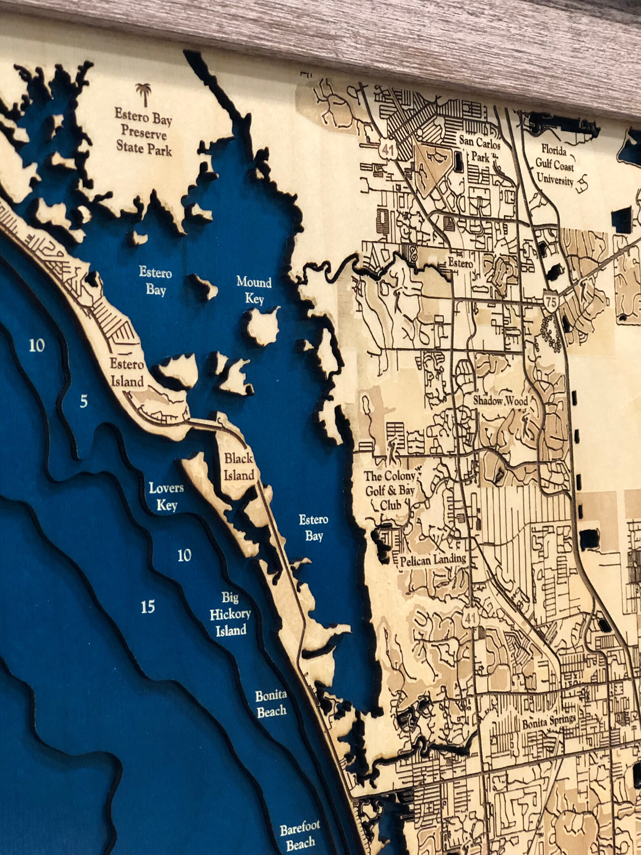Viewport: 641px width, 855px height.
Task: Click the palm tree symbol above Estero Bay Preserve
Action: tap(143, 94)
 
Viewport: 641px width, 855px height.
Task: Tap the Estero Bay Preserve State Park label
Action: tap(144, 132)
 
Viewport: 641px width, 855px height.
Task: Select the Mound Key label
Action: tap(254, 290)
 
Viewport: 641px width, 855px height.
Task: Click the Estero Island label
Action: tap(127, 373)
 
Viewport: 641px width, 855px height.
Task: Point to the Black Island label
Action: tap(239, 467)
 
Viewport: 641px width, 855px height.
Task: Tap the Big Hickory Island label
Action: tap(230, 614)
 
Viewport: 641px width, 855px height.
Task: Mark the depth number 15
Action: tap(149, 607)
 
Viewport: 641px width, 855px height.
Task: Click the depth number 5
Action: tap(84, 402)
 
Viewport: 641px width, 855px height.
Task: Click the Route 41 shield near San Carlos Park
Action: tap(389, 151)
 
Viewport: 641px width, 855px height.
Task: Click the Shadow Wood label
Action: tap(501, 401)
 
